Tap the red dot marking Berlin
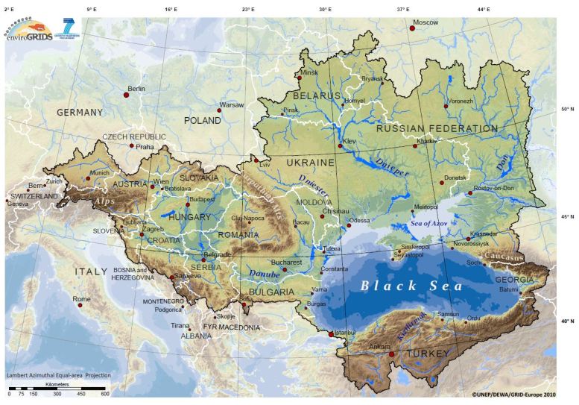127,95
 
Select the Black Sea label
411,286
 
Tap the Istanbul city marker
332,334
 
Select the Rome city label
82,298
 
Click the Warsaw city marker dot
219,110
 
